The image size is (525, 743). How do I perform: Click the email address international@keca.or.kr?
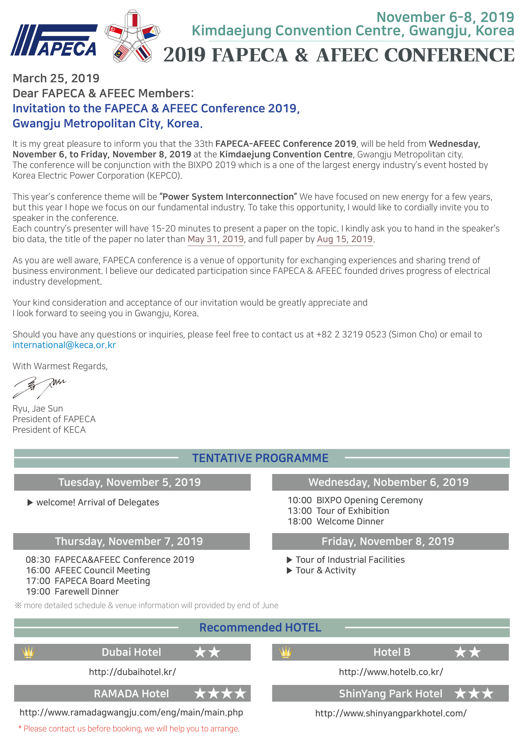(x=64, y=345)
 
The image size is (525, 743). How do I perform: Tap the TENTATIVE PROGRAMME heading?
(x=260, y=458)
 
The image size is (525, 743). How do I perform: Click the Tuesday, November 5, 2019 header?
(x=129, y=482)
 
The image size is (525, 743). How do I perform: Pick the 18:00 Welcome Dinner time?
(x=300, y=521)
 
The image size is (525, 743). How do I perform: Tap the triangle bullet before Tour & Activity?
(x=290, y=571)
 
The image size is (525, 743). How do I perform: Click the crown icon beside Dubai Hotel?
(x=28, y=652)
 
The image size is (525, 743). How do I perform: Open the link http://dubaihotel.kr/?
(x=132, y=672)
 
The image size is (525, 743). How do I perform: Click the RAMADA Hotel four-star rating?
(x=220, y=693)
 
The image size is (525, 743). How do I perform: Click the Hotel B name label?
(x=392, y=652)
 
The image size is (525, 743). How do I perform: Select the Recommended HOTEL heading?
(x=260, y=628)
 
